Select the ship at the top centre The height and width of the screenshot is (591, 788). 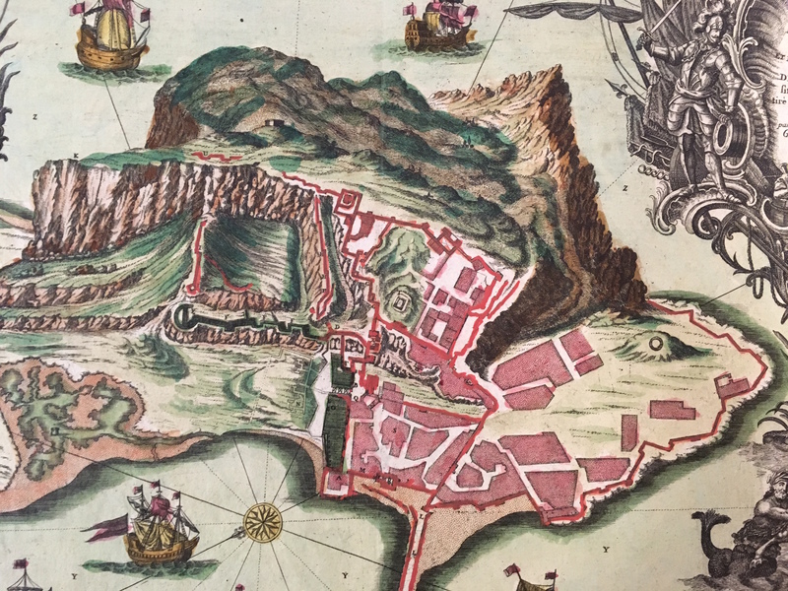439,27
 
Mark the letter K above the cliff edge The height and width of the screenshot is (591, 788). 76,158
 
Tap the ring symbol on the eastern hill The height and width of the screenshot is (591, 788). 657,344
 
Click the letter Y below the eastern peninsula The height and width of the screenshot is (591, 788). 605,548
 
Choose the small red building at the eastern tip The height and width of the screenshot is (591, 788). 731,385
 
